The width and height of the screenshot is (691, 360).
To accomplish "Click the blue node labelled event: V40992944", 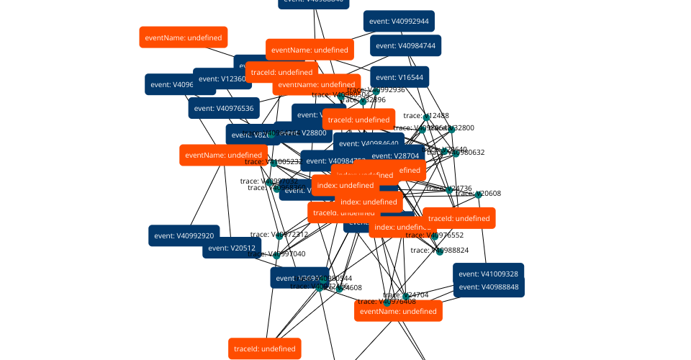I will pyautogui.click(x=399, y=22).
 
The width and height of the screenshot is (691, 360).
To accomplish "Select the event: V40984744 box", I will pyautogui.click(x=405, y=45).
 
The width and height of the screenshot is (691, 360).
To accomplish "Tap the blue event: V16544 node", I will pyautogui.click(x=399, y=78).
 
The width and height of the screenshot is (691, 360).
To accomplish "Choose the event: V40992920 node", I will pyautogui.click(x=184, y=235).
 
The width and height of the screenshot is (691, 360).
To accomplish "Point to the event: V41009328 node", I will pyautogui.click(x=488, y=274).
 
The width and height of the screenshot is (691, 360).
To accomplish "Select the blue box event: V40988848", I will pyautogui.click(x=488, y=287).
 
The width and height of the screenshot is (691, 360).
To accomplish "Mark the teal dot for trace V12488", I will pyautogui.click(x=427, y=117).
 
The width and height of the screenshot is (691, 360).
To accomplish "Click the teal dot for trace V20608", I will pyautogui.click(x=478, y=194).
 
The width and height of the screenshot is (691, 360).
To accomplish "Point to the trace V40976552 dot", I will pyautogui.click(x=434, y=235).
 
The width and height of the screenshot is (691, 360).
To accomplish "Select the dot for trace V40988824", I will pyautogui.click(x=440, y=251).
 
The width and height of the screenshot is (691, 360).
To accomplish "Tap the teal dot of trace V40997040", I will pyautogui.click(x=276, y=255).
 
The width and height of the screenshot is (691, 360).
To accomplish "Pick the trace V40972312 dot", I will pyautogui.click(x=279, y=235).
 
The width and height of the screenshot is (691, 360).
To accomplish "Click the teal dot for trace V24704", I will pyautogui.click(x=406, y=296).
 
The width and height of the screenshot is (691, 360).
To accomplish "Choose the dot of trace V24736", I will pyautogui.click(x=449, y=190).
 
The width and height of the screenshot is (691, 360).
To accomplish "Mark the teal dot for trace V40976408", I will pyautogui.click(x=387, y=302).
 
